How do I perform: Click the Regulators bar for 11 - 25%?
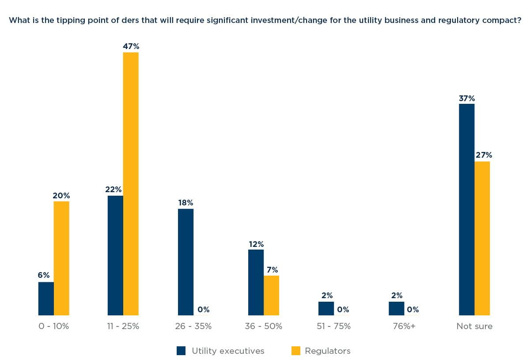click(131, 184)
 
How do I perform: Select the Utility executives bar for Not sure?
click(467, 209)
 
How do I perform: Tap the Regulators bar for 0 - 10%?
click(61, 258)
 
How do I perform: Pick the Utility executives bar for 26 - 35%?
click(185, 262)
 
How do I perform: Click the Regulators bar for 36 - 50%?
click(271, 296)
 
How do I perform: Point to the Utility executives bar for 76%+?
click(396, 308)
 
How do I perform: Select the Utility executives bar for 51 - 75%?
click(326, 308)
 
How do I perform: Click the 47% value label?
click(131, 46)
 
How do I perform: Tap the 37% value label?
click(467, 98)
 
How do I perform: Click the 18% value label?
click(185, 203)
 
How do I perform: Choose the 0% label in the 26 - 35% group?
click(203, 310)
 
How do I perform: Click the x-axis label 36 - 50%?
click(264, 327)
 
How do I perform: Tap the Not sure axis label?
click(474, 327)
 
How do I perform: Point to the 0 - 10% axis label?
click(53, 327)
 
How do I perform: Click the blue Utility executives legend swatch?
click(181, 351)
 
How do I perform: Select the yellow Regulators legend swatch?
click(295, 351)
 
